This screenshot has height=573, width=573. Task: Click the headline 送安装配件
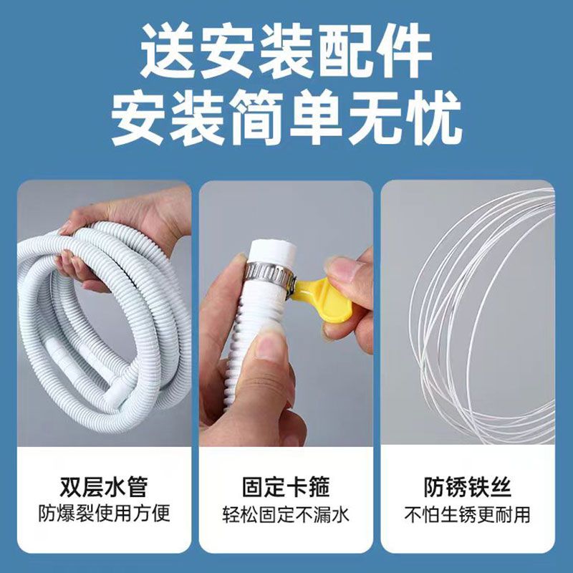tap(286, 50)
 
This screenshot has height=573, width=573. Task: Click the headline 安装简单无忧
tap(286, 118)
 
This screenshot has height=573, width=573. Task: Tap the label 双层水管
tap(104, 486)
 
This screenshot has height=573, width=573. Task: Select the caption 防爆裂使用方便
tap(104, 514)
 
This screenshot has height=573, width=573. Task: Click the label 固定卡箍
tap(286, 486)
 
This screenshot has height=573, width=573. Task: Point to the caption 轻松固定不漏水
tap(286, 514)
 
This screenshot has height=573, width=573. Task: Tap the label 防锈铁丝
tap(468, 486)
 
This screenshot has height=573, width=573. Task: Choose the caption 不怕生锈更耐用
tap(468, 514)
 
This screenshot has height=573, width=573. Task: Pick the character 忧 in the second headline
tap(435, 118)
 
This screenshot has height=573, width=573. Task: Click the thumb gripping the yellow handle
tap(345, 272)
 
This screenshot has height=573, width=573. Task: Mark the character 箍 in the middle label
tap(319, 486)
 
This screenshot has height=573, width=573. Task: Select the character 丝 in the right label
tap(500, 486)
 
